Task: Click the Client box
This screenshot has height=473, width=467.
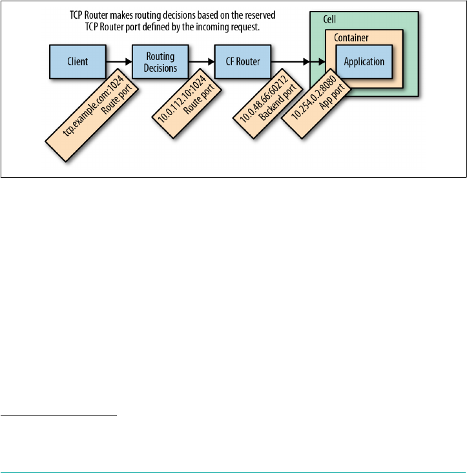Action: [78, 62]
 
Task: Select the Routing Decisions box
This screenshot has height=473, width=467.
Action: [159, 62]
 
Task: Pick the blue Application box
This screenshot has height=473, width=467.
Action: [364, 62]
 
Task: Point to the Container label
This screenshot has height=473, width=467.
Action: [351, 37]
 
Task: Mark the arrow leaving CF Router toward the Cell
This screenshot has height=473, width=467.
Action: [297, 62]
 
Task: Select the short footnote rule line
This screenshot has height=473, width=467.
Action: [59, 416]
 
